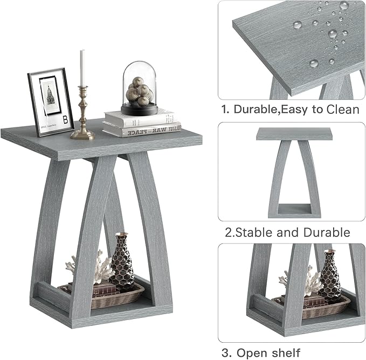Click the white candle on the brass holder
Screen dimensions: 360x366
click(82, 67)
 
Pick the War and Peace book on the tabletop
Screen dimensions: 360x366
click(143, 130)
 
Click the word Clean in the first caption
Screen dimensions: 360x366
click(341, 110)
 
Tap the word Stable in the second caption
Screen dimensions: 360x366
click(253, 233)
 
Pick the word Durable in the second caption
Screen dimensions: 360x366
click(326, 233)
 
